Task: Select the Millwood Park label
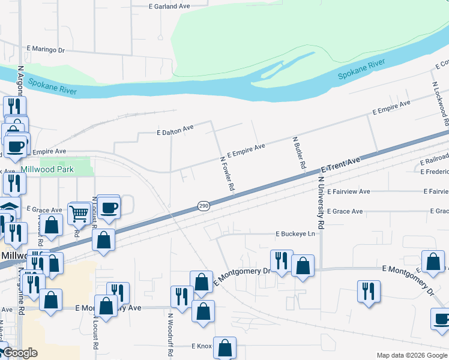point(47,169)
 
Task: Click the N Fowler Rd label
point(226,174)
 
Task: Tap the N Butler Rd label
point(300,152)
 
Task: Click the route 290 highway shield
point(203,206)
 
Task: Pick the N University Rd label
point(321,204)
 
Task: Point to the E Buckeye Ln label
point(295,233)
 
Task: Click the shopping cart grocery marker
point(79,213)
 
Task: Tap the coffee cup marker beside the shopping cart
point(109,207)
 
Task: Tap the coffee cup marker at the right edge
point(442,319)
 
